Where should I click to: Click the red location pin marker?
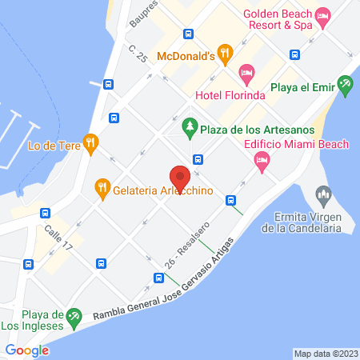[x=179, y=175]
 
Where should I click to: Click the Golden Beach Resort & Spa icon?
[x=322, y=15]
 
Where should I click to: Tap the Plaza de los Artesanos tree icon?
[x=189, y=125]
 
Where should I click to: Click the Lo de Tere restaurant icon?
[x=92, y=145]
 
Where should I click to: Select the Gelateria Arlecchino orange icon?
[x=102, y=190]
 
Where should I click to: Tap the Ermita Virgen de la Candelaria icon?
[x=323, y=194]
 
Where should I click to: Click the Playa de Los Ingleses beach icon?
[x=74, y=317]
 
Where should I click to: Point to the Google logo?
[x=27, y=350]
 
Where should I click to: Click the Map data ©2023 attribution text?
[x=324, y=353]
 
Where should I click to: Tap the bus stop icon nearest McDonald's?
[x=188, y=34]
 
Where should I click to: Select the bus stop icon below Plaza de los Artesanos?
[x=198, y=158]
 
